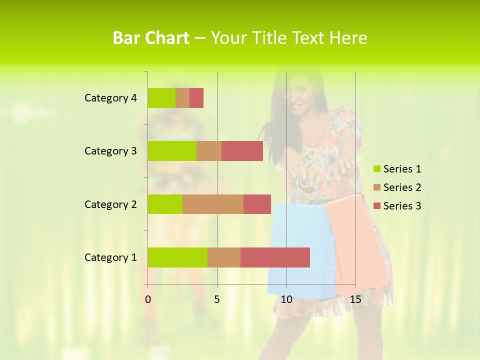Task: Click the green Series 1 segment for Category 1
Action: [x=177, y=257]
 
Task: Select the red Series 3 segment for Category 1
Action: [x=275, y=257]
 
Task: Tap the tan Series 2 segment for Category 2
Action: [x=213, y=204]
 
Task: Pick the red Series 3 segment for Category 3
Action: [x=242, y=151]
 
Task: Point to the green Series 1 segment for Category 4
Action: [x=161, y=98]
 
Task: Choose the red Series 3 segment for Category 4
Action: [x=196, y=98]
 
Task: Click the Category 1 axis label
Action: [x=110, y=257]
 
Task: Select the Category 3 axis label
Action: [x=110, y=151]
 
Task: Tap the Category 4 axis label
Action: [x=110, y=98]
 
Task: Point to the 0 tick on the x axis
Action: [x=148, y=299]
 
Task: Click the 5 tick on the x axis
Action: [x=217, y=299]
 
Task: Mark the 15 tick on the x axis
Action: [x=355, y=299]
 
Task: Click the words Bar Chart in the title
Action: [x=151, y=38]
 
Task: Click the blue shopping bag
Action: [x=300, y=250]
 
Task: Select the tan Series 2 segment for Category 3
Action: [x=209, y=151]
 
